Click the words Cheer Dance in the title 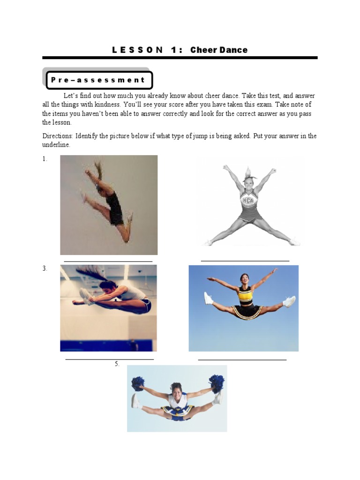pyautogui.click(x=219, y=50)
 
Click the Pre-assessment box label pyautogui.click(x=98, y=80)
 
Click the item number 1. pyautogui.click(x=45, y=159)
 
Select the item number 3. pyautogui.click(x=45, y=269)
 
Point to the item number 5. pyautogui.click(x=117, y=364)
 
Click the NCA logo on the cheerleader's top pyautogui.click(x=247, y=201)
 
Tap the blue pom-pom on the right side pyautogui.click(x=216, y=381)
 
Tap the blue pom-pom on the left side pyautogui.click(x=138, y=383)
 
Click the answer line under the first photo pyautogui.click(x=108, y=261)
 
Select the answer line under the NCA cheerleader pyautogui.click(x=245, y=260)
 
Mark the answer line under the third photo pyautogui.click(x=110, y=360)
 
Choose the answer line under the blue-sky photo pyautogui.click(x=242, y=360)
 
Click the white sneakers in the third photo pyautogui.click(x=85, y=297)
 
